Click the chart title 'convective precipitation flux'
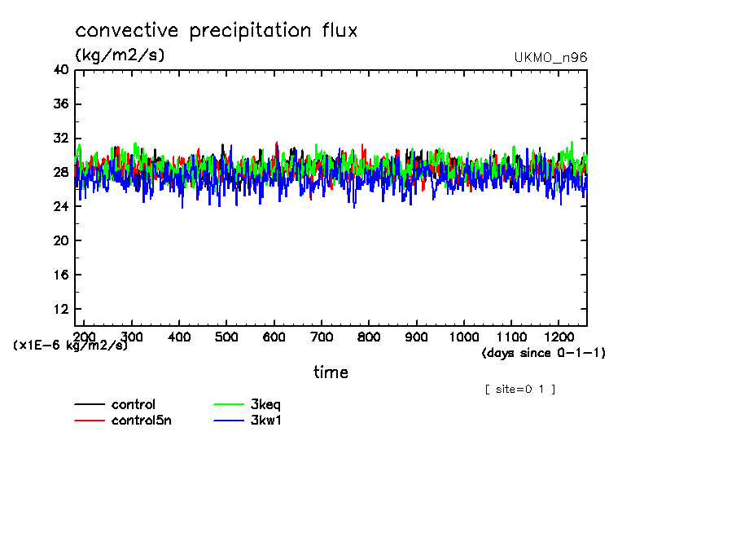[x=217, y=31]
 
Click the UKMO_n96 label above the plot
[x=550, y=58]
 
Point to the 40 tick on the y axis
[x=61, y=70]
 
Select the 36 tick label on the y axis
[x=61, y=104]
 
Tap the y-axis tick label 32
[x=61, y=139]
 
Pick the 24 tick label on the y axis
[x=61, y=207]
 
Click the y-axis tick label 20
[x=61, y=241]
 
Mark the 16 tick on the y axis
[x=61, y=275]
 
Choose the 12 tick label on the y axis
[x=61, y=310]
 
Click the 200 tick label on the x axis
[x=85, y=337]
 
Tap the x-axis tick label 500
[x=227, y=337]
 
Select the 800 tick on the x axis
[x=370, y=337]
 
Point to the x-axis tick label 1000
[x=464, y=337]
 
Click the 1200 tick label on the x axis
[x=559, y=337]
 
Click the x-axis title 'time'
[x=331, y=372]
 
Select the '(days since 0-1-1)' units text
[x=543, y=353]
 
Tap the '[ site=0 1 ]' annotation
[x=519, y=390]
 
